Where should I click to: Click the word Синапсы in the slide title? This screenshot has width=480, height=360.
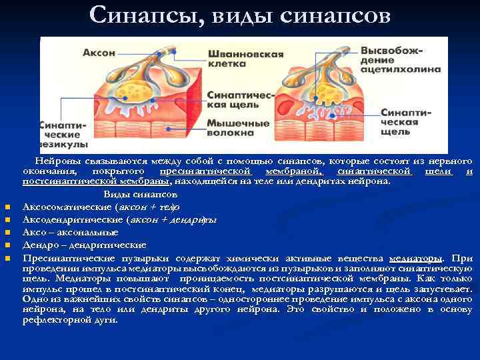pos(141,15)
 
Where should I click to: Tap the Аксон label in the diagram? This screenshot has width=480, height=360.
pos(99,52)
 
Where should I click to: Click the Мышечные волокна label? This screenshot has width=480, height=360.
pos(237,129)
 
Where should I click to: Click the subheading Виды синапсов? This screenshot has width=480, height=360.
pos(140,195)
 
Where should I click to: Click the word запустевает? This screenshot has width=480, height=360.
pos(446,289)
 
